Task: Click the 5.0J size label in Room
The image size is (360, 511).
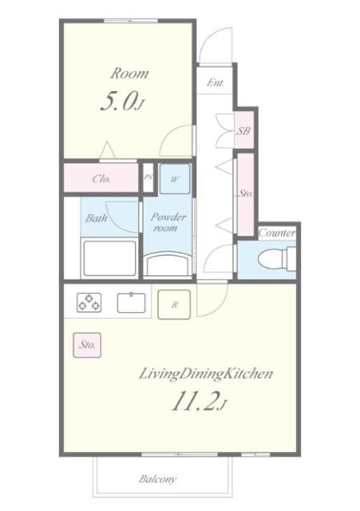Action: [122, 101]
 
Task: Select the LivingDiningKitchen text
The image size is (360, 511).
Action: [206, 374]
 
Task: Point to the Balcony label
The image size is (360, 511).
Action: [158, 479]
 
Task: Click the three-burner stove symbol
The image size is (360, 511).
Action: [89, 303]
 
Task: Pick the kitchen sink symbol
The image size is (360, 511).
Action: [131, 303]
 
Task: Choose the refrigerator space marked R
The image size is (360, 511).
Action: [174, 304]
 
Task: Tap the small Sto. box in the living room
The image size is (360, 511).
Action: [87, 345]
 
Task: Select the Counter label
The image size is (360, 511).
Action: [277, 233]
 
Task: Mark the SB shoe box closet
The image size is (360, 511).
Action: [244, 130]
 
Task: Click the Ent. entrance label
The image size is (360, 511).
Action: [216, 83]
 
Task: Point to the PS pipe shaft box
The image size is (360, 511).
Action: [148, 177]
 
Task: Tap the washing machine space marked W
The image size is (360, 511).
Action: [175, 179]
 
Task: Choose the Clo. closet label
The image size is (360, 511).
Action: [101, 179]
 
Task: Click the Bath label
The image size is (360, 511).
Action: [96, 218]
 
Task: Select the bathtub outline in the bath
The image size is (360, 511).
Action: [109, 259]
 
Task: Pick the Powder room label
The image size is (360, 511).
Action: [168, 222]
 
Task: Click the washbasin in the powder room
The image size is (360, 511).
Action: [168, 264]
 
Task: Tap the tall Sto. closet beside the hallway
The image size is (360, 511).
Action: [245, 194]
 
